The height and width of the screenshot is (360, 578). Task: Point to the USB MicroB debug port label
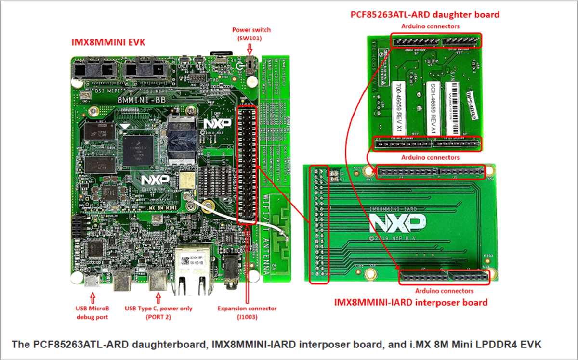click(92, 312)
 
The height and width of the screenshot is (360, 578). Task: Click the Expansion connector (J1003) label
click(247, 312)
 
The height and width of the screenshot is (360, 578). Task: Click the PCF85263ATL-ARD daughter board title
click(424, 14)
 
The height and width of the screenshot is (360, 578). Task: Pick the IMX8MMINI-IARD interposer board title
click(411, 302)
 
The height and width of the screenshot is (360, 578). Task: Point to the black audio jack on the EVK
click(235, 270)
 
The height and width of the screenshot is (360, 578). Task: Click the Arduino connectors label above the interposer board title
click(444, 291)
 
